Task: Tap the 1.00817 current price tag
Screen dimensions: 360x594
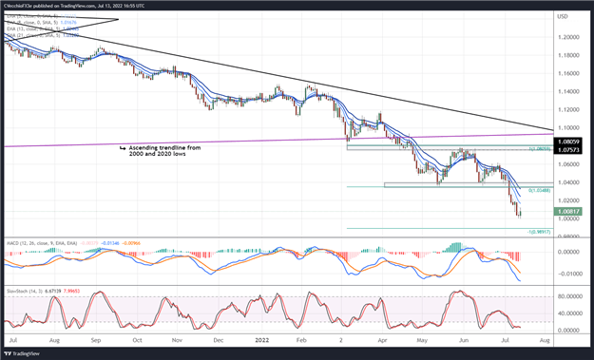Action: tap(566, 212)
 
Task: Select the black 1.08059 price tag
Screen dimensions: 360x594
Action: tap(566, 142)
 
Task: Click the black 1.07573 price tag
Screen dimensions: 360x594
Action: tap(566, 150)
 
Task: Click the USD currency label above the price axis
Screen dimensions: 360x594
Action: tap(563, 17)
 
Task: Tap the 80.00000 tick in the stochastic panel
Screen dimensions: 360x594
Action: tap(566, 295)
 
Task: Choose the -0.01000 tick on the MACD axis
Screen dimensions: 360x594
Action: tap(566, 272)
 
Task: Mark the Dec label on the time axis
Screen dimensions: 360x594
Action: tap(218, 339)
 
